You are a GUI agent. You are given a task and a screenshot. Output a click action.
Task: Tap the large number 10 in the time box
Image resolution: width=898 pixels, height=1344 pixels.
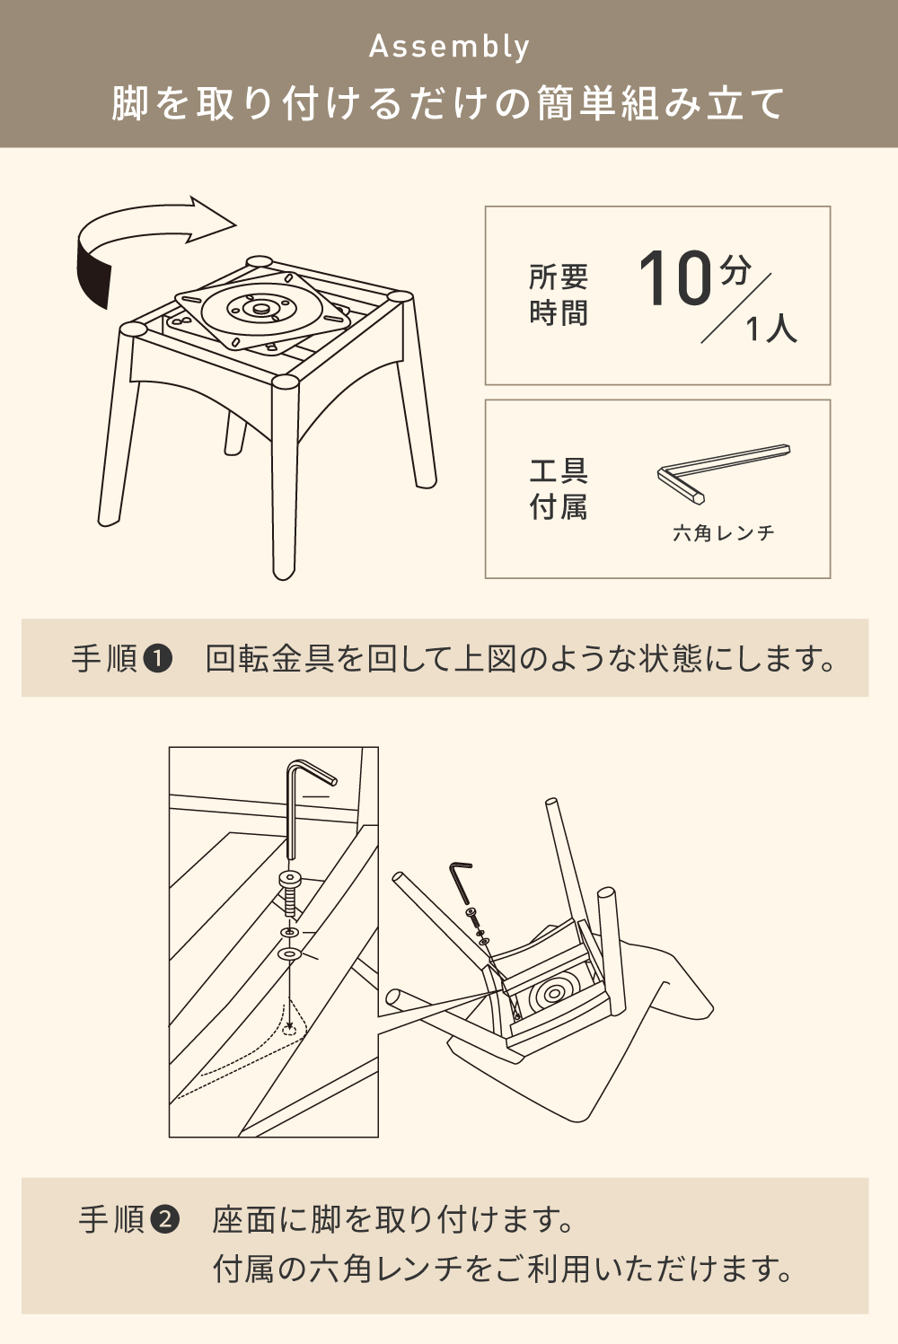(x=675, y=277)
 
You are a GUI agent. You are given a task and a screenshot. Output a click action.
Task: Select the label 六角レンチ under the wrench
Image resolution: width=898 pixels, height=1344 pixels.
(x=723, y=532)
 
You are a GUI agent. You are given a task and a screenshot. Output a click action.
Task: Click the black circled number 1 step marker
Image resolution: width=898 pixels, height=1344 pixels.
(x=158, y=659)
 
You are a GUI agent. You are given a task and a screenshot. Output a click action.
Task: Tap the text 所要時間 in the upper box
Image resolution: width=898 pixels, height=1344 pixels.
(x=559, y=294)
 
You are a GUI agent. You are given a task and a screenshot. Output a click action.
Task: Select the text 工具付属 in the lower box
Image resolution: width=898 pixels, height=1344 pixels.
(x=559, y=489)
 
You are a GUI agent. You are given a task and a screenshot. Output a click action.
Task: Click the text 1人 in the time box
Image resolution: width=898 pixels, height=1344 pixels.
(x=771, y=329)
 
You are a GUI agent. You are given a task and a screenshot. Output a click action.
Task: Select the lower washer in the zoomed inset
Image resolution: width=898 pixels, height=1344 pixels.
(x=289, y=953)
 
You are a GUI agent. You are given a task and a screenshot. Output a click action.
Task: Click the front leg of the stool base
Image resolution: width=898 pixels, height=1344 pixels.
(x=285, y=478)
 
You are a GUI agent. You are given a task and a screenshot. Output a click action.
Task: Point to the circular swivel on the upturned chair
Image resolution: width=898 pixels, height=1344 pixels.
(x=548, y=996)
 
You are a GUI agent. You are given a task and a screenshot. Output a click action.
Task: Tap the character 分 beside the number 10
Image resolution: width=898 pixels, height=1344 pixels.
(x=735, y=270)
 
